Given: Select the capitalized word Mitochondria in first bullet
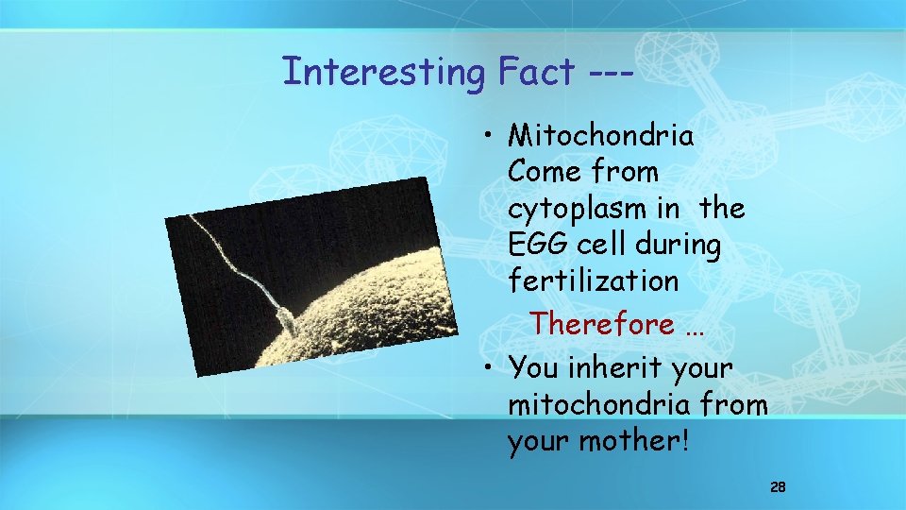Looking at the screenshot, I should click(x=600, y=136).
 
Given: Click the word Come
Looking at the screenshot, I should click(x=544, y=172).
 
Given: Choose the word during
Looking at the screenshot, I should click(x=677, y=245).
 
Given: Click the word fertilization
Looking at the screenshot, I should click(x=593, y=280).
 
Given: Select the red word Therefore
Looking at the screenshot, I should click(x=602, y=324).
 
